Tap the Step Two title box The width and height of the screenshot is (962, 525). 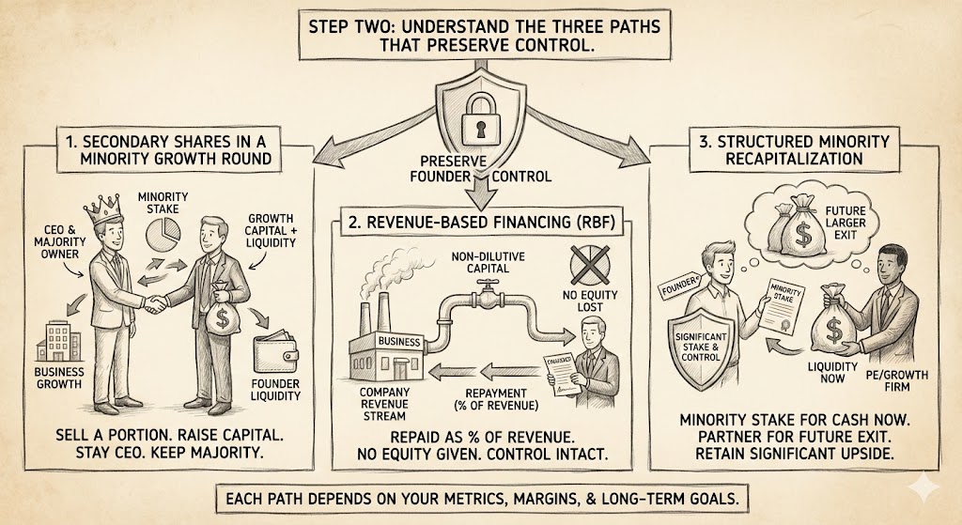click(480, 36)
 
